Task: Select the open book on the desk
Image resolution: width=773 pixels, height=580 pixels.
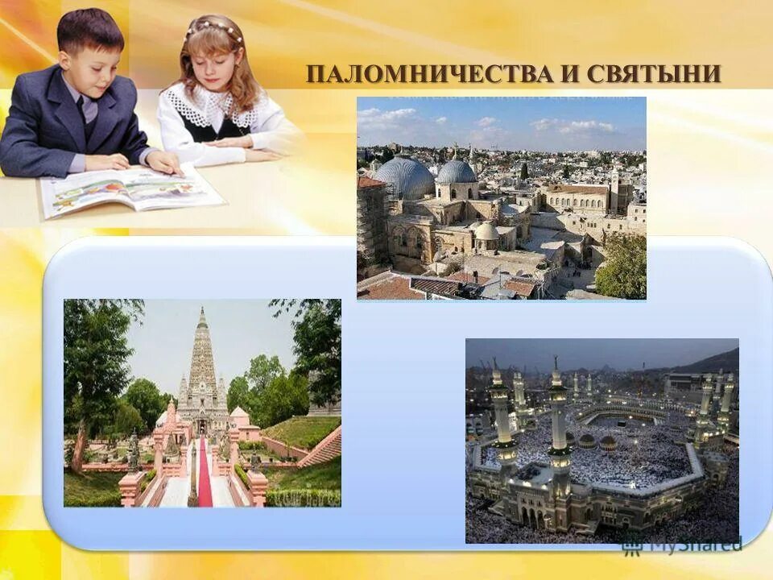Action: pos(129,188)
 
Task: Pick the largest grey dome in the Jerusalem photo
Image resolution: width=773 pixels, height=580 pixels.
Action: pos(404,176)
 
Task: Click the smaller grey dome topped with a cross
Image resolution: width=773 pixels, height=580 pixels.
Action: pos(457,171)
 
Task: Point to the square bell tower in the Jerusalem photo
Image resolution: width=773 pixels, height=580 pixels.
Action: pos(614,190)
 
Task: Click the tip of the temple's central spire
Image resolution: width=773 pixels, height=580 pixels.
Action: pos(202,309)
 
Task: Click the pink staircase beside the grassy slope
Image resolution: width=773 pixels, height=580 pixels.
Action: pos(321,449)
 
